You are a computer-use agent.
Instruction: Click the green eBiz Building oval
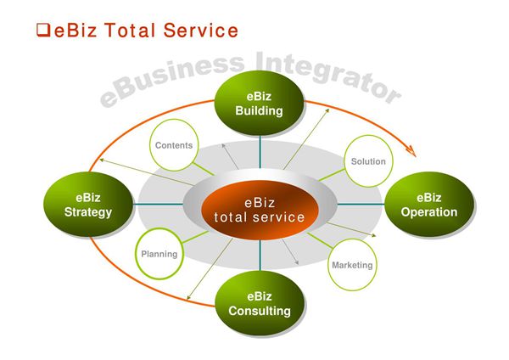tap(259, 102)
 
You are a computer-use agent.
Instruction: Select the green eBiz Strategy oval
tap(88, 205)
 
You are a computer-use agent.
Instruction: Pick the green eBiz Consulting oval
tap(259, 303)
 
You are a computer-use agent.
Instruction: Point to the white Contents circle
tap(174, 145)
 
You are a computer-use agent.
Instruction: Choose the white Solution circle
tap(367, 161)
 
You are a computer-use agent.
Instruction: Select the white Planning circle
tap(159, 254)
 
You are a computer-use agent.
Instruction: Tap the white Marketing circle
tap(351, 265)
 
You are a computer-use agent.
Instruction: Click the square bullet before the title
tap(42, 31)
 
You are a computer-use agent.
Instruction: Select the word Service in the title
tap(199, 31)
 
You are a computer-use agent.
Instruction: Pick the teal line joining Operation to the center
tap(361, 205)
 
